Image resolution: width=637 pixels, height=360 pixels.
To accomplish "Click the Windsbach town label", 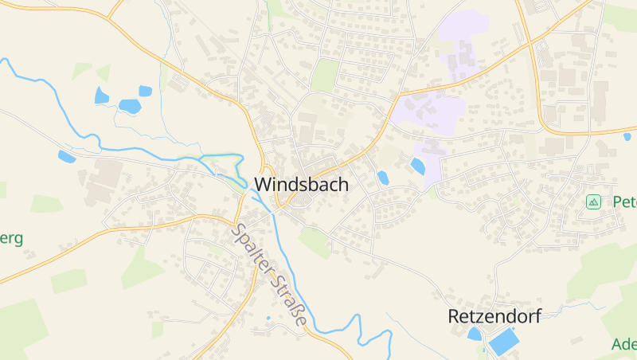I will point(301,184).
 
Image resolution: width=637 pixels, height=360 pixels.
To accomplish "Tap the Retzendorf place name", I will point(494,316).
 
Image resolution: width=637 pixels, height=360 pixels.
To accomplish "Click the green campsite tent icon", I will point(592,202).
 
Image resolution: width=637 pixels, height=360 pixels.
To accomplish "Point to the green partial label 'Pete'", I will point(624,202).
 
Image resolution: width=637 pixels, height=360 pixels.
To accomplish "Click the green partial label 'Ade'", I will point(624,345).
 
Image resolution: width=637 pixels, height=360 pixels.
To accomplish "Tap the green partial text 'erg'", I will point(11,238).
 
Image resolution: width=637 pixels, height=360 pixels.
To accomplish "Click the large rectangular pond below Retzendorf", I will point(502,343).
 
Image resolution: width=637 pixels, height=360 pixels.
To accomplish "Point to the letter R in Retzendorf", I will point(454,316).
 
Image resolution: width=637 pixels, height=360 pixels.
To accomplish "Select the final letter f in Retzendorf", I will point(537,316).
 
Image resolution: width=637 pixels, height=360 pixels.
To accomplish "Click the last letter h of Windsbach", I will point(343,184).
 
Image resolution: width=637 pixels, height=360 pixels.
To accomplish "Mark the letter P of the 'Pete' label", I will point(616,202).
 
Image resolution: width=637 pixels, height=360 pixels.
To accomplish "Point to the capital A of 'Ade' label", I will point(617,345).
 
